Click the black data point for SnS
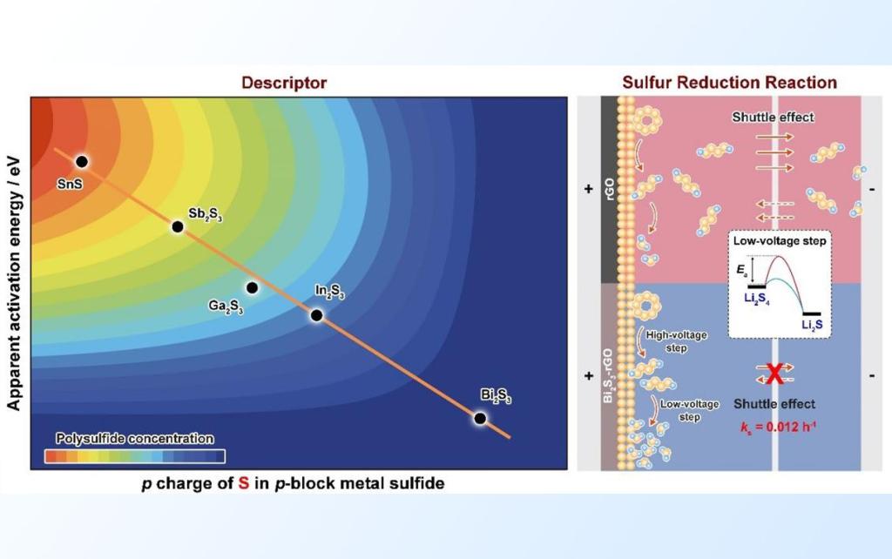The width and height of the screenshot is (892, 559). [x=82, y=162]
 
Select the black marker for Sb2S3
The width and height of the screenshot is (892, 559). [x=178, y=227]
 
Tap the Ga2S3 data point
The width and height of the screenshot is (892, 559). [x=252, y=287]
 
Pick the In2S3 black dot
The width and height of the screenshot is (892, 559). [x=317, y=315]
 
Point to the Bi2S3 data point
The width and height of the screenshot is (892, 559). [x=480, y=419]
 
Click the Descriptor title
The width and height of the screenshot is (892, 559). [x=284, y=83]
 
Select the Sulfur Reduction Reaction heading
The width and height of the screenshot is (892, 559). [x=729, y=83]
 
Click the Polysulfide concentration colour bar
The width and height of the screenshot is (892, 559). [x=135, y=456]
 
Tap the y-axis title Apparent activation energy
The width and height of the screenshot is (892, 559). [x=14, y=283]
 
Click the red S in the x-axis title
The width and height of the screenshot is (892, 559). [x=244, y=483]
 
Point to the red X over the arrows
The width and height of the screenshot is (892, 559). [x=774, y=374]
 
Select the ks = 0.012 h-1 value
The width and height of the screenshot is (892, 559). [x=778, y=427]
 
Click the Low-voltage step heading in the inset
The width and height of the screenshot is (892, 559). [x=780, y=241]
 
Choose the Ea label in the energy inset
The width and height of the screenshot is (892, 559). [x=742, y=271]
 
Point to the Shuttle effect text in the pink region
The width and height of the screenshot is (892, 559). [x=773, y=118]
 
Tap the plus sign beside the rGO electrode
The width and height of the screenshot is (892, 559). [x=589, y=189]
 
